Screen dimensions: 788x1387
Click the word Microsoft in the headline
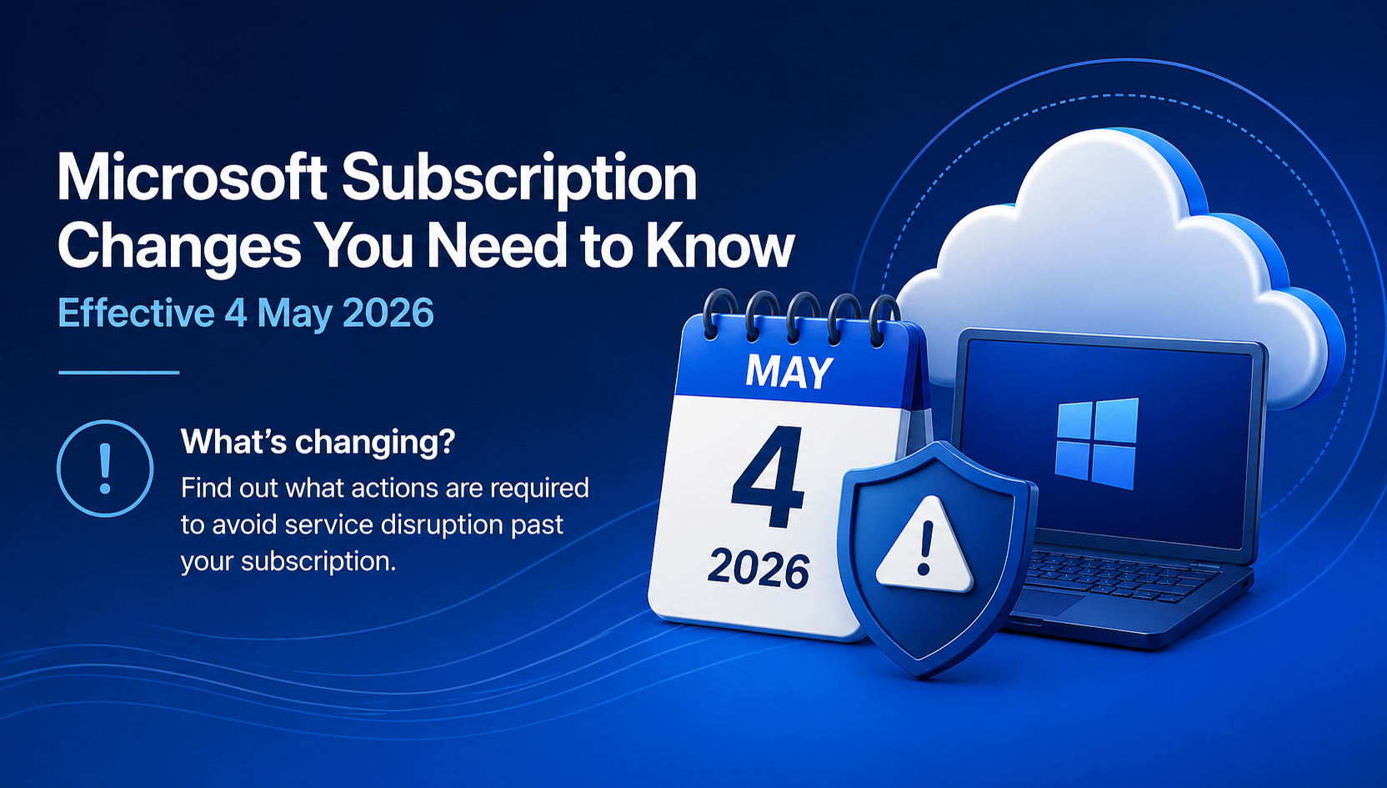coord(192,178)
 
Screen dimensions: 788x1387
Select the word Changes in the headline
coord(179,246)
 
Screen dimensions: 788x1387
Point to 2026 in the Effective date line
coord(388,314)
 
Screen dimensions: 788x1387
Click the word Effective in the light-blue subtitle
coord(136,314)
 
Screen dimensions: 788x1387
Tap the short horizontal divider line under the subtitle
coord(119,373)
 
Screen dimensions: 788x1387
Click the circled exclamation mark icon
coord(105,469)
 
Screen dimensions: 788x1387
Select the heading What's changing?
coord(318,442)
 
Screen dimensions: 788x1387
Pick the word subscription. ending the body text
coord(318,561)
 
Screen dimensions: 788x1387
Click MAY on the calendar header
coord(789,372)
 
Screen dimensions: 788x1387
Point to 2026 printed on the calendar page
coord(759,570)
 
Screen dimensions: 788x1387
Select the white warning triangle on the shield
coord(924,547)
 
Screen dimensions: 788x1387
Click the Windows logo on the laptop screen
coord(1096,443)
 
